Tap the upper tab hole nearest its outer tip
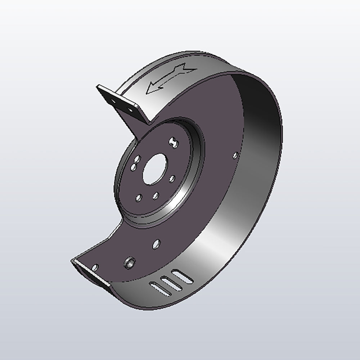click(x=114, y=101)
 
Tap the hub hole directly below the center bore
click(x=156, y=195)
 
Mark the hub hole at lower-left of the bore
click(x=138, y=197)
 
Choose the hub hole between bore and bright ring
click(x=172, y=178)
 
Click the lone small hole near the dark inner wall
click(x=235, y=155)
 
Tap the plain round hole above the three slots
click(x=156, y=244)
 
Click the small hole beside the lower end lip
click(x=95, y=267)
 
